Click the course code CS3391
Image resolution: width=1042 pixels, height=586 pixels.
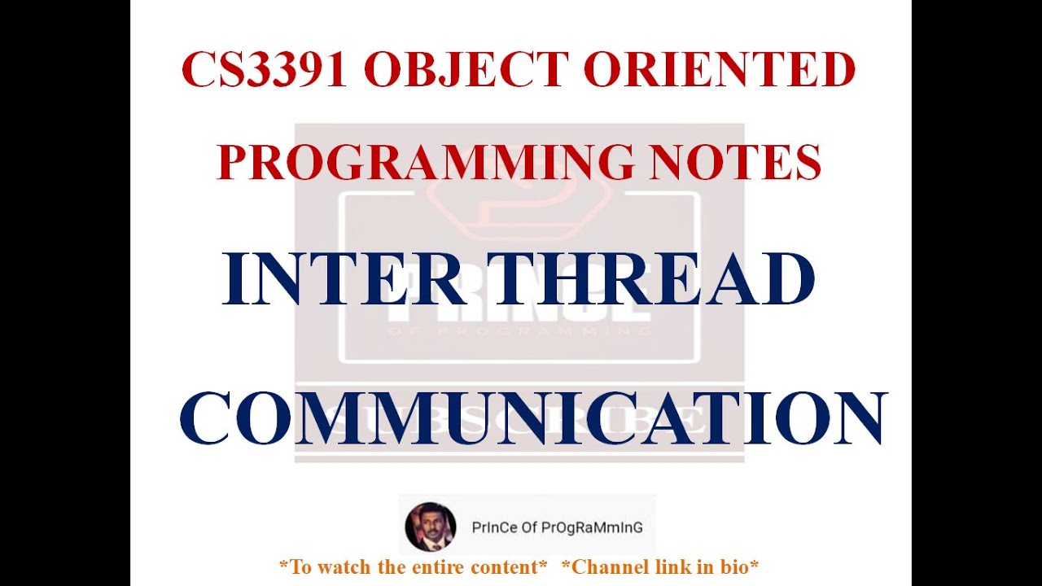[265, 70]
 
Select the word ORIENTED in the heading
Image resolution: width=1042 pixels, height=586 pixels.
[720, 70]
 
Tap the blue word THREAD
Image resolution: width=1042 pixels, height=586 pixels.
[654, 280]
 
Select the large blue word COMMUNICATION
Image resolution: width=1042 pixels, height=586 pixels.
[532, 418]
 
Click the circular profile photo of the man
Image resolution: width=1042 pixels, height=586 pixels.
[430, 527]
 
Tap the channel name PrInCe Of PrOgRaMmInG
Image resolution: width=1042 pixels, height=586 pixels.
[557, 527]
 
